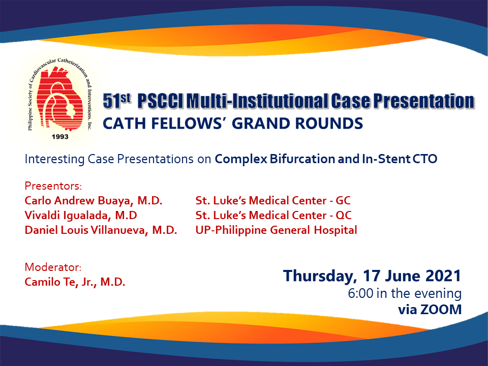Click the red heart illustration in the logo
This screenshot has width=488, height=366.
59,99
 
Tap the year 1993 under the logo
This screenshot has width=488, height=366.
60,137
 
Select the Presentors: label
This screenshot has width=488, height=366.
53,186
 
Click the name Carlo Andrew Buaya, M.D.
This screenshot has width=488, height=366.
94,200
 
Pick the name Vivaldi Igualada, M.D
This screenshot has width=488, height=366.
81,216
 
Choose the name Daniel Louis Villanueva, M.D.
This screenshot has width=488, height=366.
101,230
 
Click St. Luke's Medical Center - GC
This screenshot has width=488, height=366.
273,200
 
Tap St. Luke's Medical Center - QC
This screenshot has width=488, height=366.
273,216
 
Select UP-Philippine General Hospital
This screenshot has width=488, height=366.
276,230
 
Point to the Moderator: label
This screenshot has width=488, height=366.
53,267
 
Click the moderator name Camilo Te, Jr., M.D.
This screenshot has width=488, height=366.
75,282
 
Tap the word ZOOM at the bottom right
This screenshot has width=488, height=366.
441,310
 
